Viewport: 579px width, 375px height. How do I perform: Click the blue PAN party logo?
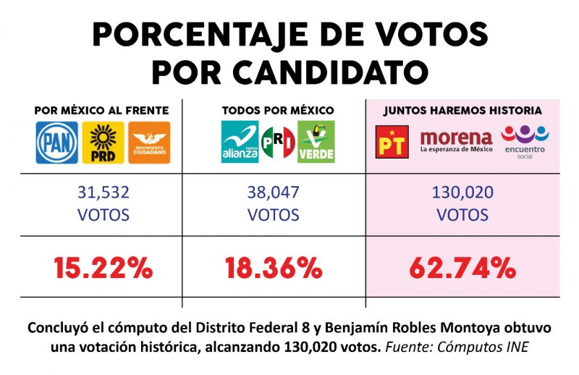[58, 142]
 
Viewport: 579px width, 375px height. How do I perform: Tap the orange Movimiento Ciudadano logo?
[148, 142]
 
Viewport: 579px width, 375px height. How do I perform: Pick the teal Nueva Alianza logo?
[239, 142]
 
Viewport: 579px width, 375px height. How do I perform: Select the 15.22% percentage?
[102, 269]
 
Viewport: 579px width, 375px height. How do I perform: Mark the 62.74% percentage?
[462, 269]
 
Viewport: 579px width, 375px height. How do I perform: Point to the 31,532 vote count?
[103, 193]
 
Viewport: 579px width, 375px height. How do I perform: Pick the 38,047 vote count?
[274, 193]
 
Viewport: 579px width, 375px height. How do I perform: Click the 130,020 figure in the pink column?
[462, 193]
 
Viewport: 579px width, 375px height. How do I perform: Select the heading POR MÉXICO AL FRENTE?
[102, 110]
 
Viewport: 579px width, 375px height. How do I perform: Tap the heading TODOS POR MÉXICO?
[277, 110]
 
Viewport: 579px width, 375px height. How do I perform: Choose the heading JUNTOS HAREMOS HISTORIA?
[462, 110]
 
